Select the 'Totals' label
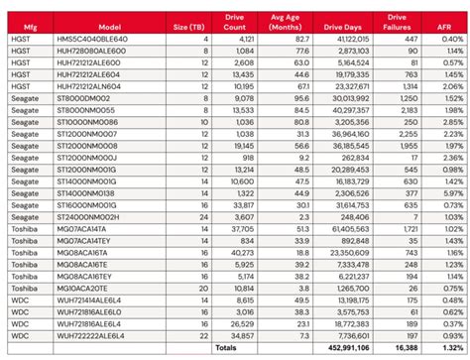point(226,350)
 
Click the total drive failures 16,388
point(402,350)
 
